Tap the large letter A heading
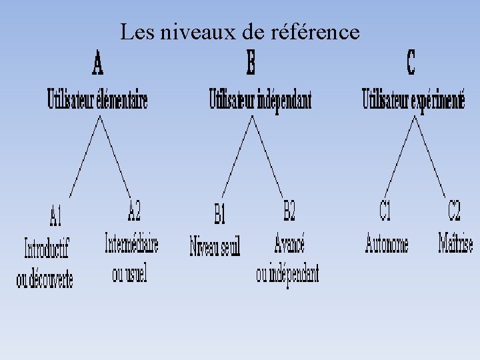[x=97, y=65]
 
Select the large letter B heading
[x=251, y=65]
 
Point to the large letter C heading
[x=411, y=63]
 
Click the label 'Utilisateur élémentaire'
[x=97, y=99]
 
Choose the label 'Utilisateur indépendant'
[x=260, y=99]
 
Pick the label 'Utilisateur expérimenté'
[x=413, y=99]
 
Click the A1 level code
[x=56, y=215]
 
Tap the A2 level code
[x=135, y=211]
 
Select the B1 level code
[x=221, y=214]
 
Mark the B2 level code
[x=289, y=211]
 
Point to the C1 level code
[x=385, y=211]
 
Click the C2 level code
[x=454, y=211]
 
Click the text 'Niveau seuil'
[x=215, y=246]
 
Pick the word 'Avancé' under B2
[x=289, y=243]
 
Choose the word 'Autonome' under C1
[x=387, y=243]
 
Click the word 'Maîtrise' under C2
[x=455, y=243]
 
